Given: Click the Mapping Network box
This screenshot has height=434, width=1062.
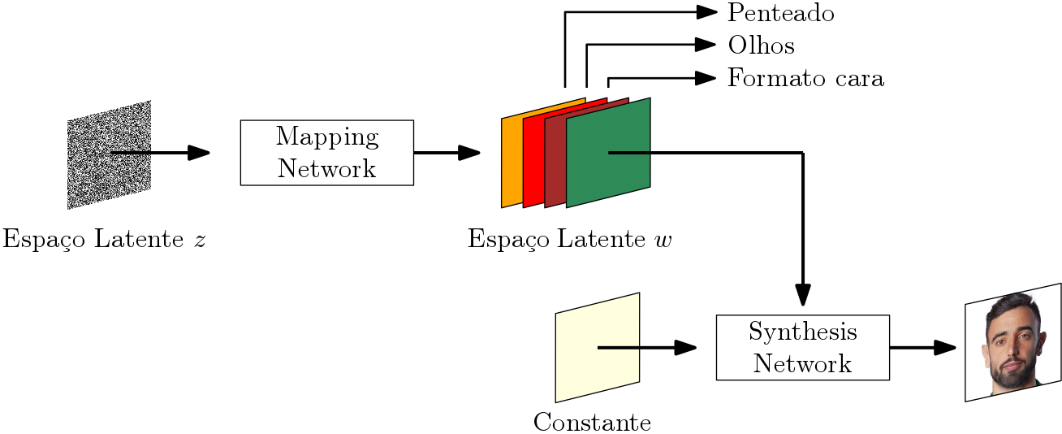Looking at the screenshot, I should (326, 152).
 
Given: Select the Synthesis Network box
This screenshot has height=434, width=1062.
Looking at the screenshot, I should (802, 347).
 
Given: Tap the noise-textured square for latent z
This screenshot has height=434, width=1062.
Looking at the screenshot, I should (109, 154).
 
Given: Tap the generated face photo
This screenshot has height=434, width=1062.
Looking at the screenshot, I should (1012, 342).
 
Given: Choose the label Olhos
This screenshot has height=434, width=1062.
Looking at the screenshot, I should (761, 46).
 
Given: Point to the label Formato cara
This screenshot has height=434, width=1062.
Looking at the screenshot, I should (805, 79).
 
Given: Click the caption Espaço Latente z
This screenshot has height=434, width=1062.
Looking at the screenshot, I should (103, 240).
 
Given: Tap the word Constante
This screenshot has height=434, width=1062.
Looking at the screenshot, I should (592, 423).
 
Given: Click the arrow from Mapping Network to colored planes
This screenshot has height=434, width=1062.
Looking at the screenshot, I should (447, 152).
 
